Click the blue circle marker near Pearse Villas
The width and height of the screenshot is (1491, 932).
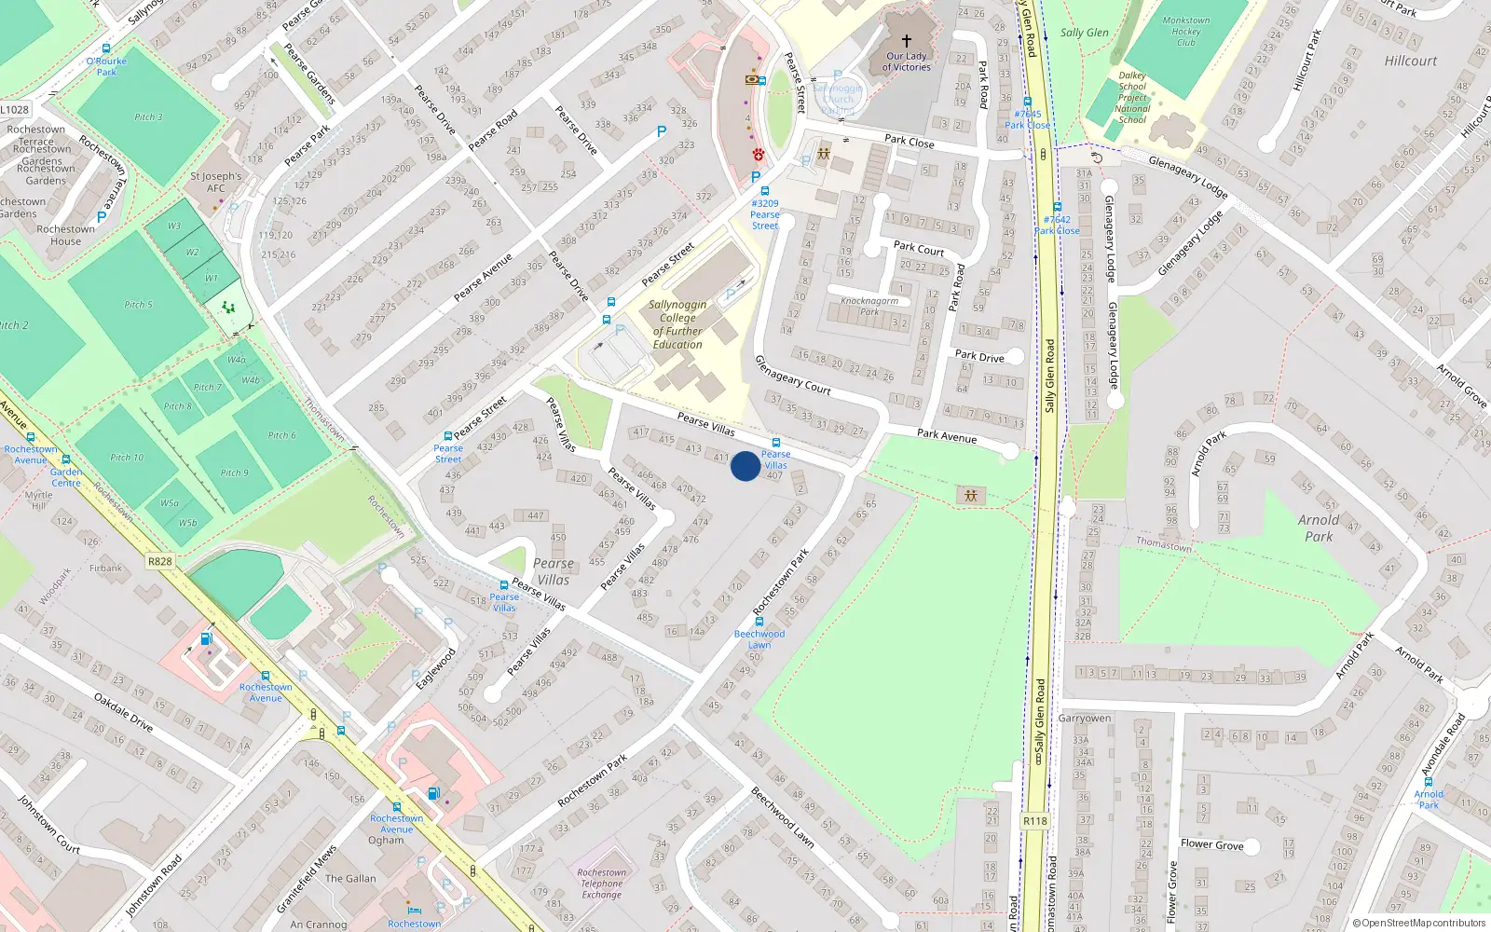coord(745,466)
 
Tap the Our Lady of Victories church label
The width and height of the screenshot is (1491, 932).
coord(907,62)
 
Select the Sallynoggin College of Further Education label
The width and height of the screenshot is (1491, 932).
coord(677,324)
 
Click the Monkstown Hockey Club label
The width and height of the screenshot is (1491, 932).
coord(1185,32)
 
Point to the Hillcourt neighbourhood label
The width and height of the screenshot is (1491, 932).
coord(1410,62)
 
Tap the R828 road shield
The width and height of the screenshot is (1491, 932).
coord(159,561)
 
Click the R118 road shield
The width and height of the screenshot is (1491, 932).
coord(1034,821)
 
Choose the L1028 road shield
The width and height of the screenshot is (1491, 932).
coord(14,109)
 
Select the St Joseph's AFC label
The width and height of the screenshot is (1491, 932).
coord(215,182)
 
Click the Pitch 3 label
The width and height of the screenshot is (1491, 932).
coord(148,117)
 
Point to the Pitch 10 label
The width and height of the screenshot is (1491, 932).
coord(128,458)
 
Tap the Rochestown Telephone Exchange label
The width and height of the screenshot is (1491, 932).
coord(602,884)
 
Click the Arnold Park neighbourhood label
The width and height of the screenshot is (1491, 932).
coord(1318,528)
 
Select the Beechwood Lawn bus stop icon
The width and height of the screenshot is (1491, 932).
coord(759,621)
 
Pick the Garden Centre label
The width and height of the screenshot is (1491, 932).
coord(66,477)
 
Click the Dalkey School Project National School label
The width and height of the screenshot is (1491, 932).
coord(1132,98)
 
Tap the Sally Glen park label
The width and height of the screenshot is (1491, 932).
coord(1085,33)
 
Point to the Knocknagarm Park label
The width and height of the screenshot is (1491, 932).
coord(869,306)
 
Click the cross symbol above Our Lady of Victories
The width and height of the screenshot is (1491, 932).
coord(906,41)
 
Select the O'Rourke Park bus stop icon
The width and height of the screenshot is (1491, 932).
coord(106,49)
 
